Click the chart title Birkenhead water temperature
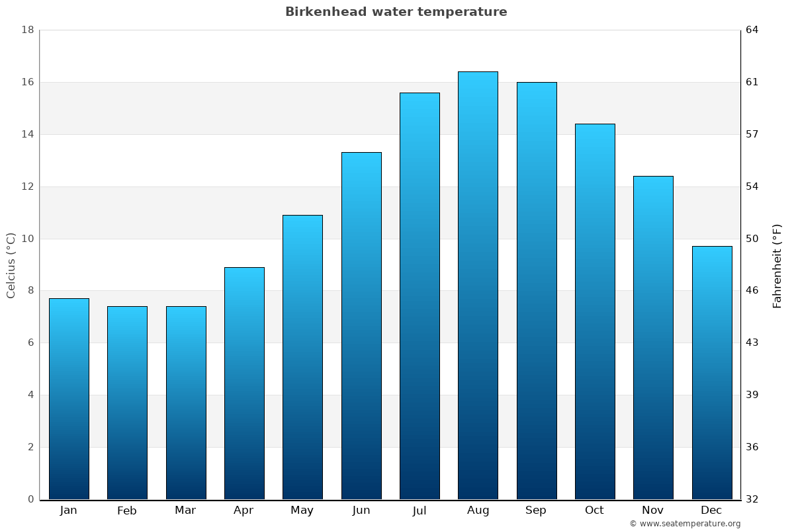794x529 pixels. click(x=396, y=12)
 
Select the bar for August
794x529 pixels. click(x=478, y=285)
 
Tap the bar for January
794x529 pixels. click(x=69, y=399)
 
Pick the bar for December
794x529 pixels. click(x=711, y=372)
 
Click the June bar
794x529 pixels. click(x=361, y=325)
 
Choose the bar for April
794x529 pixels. click(x=244, y=383)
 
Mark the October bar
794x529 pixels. click(x=594, y=311)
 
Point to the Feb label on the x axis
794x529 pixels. click(x=127, y=510)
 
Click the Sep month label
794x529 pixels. click(x=536, y=510)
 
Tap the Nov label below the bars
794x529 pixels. click(x=652, y=510)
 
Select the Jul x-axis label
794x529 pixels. click(x=419, y=510)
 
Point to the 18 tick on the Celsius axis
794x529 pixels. click(x=28, y=30)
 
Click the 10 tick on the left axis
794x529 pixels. click(x=28, y=239)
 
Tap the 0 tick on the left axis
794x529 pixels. click(x=30, y=499)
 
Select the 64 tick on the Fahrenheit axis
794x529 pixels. click(x=752, y=30)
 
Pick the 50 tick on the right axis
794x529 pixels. click(x=752, y=239)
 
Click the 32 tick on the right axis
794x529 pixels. click(x=752, y=499)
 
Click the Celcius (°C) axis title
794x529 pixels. click(x=11, y=265)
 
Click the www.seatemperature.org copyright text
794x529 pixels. click(x=685, y=524)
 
